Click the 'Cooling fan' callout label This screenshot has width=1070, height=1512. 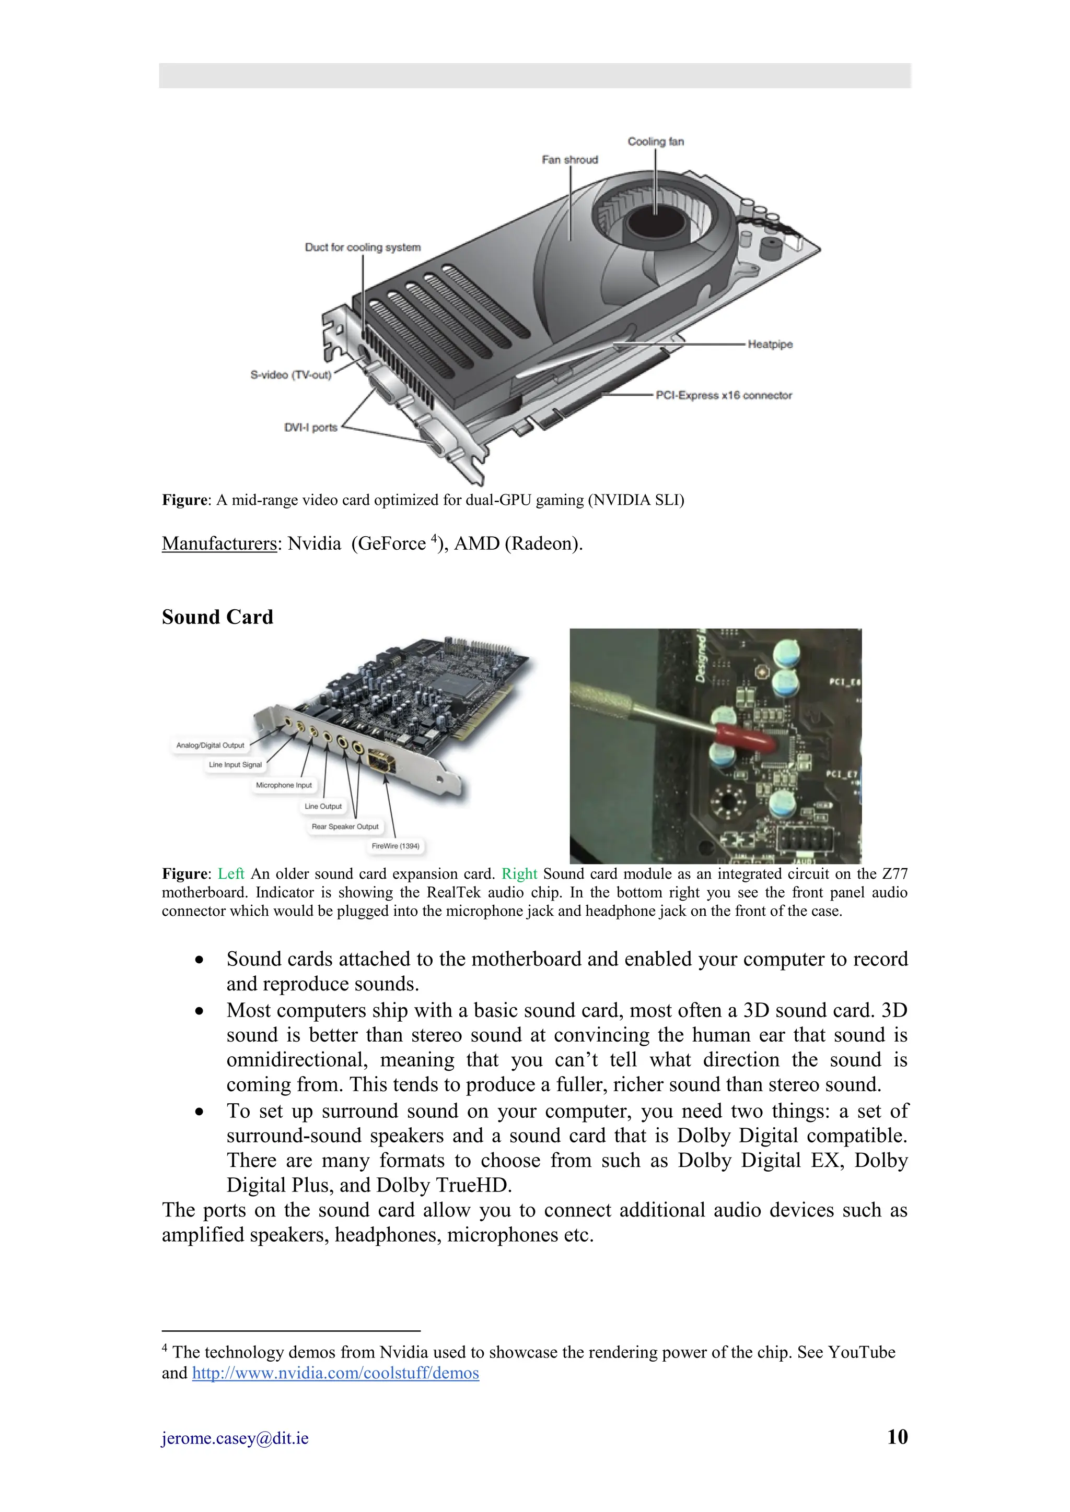[656, 141]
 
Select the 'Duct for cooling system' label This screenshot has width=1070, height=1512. [363, 247]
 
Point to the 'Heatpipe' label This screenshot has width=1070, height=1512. [770, 345]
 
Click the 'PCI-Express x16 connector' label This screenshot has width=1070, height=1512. [724, 395]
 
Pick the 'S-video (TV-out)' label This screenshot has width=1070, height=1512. [290, 375]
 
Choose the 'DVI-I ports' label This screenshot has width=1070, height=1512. [310, 428]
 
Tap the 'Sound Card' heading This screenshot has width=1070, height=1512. [217, 617]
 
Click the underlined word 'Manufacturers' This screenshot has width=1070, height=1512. [219, 544]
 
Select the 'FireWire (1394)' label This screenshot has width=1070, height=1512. [396, 846]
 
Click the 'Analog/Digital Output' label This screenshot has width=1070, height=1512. [210, 746]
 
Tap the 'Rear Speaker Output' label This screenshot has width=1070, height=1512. [345, 826]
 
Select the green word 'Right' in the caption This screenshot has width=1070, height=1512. [519, 874]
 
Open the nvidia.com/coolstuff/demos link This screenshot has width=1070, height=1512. [335, 1373]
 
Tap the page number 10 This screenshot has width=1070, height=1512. [898, 1437]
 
